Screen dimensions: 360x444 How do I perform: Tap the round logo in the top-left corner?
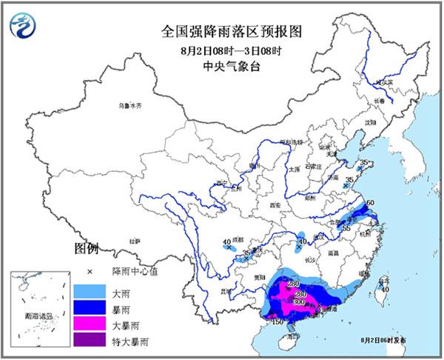(24, 26)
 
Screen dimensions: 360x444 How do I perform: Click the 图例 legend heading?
(86, 247)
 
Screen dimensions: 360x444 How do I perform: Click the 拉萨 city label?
(134, 241)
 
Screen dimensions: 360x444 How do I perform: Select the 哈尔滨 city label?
(377, 84)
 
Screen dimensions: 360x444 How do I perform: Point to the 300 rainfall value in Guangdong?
(299, 303)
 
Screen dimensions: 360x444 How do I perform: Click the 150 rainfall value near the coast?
(278, 322)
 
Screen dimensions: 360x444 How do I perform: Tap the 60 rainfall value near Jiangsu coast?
(371, 201)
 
